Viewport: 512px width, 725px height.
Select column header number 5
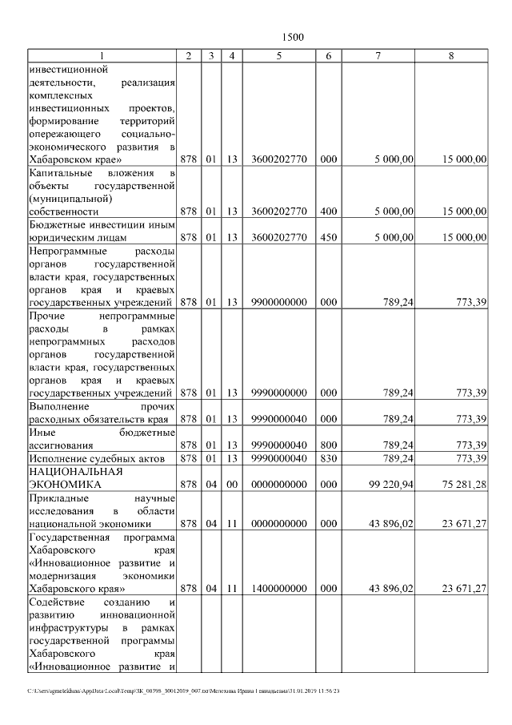point(278,55)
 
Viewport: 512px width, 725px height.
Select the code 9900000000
point(278,303)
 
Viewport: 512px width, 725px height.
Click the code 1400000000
point(278,589)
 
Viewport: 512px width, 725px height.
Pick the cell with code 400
point(328,211)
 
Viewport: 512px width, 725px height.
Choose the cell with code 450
point(328,238)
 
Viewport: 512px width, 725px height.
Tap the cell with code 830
point(328,458)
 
